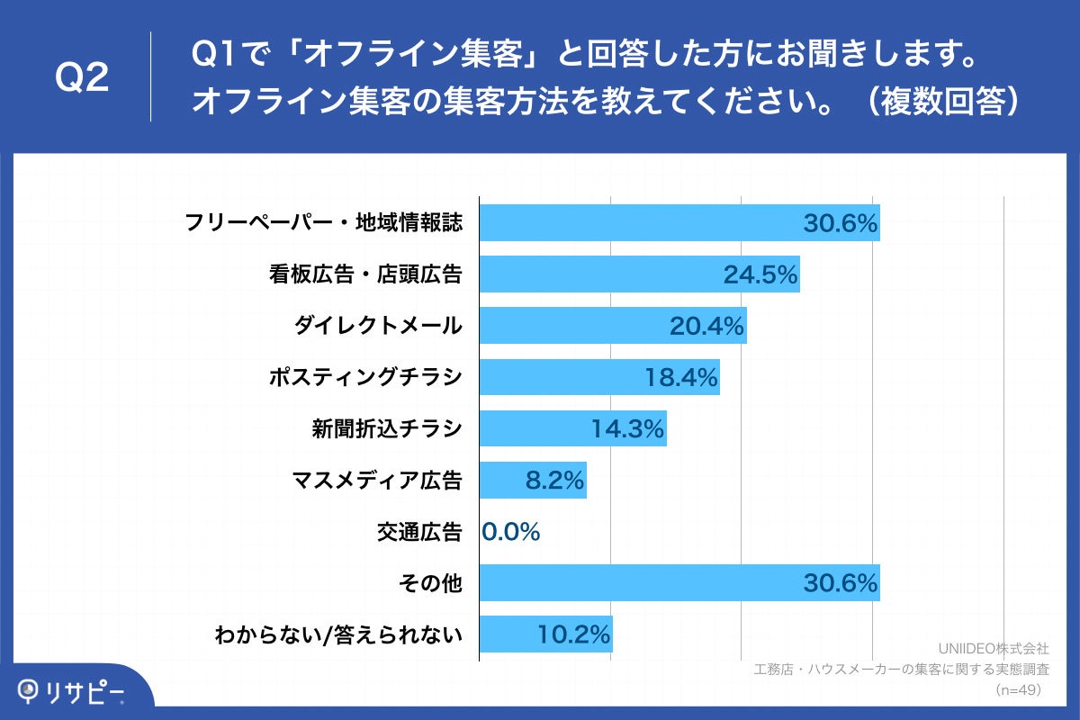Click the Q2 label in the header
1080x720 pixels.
click(x=82, y=78)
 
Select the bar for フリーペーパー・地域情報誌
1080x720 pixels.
click(x=679, y=223)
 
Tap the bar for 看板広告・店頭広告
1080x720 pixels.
click(x=639, y=274)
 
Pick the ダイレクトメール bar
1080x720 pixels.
click(x=612, y=326)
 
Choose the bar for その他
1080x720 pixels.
click(x=679, y=582)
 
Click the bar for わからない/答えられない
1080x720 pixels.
click(x=545, y=634)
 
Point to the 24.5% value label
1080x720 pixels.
click(x=760, y=275)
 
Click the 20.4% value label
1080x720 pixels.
click(x=706, y=327)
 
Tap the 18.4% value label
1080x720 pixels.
click(x=680, y=378)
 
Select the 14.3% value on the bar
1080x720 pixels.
click(x=627, y=429)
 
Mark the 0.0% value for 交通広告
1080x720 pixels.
click(x=511, y=532)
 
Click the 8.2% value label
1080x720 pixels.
click(x=554, y=481)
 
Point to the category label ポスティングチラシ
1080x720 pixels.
click(x=365, y=378)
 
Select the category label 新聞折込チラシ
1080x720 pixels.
click(x=386, y=429)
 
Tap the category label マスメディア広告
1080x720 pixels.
click(x=377, y=481)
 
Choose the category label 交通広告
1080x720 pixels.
click(x=419, y=532)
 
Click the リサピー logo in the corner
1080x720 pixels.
click(x=72, y=691)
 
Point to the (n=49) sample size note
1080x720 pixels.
click(x=1018, y=689)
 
